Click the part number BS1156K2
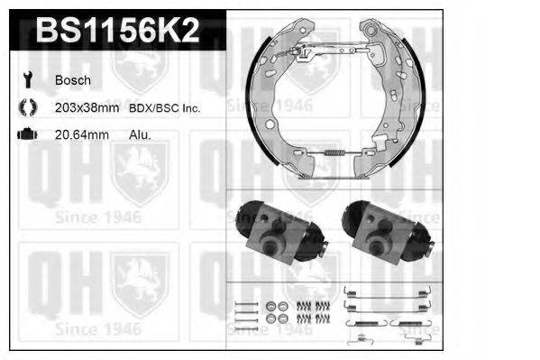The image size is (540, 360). (117, 32)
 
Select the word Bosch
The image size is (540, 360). (73, 80)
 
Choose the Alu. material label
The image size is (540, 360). (141, 134)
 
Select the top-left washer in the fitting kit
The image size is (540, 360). (272, 306)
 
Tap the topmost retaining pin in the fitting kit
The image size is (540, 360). (242, 301)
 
